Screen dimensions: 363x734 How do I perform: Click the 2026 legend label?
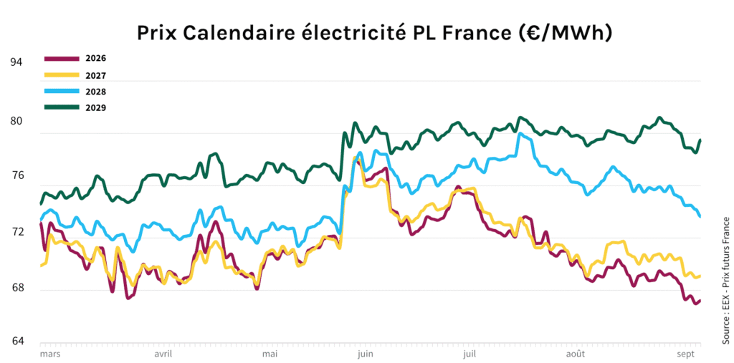96,58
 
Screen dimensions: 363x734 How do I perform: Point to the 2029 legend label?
96,107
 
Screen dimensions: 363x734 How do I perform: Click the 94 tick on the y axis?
16,62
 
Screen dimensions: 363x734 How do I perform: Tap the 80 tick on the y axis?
16,120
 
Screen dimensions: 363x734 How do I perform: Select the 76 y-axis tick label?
16,175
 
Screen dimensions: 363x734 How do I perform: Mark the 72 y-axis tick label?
16,232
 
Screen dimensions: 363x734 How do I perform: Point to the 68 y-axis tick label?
16,288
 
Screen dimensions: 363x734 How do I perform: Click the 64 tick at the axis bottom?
16,341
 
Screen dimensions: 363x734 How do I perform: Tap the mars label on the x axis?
49,354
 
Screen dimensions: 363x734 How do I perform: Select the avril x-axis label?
163,354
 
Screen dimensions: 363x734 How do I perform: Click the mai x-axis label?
270,354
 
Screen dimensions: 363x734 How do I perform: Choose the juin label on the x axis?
364,354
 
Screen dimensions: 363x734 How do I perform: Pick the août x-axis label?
576,354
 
